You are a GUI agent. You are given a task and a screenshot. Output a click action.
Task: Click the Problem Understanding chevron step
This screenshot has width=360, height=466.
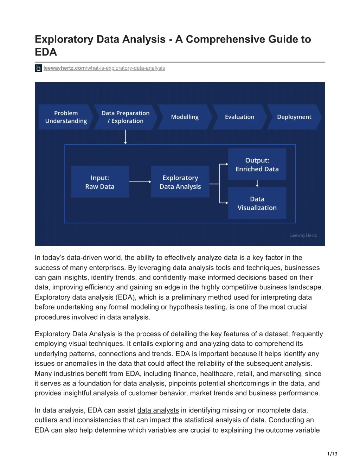point(66,117)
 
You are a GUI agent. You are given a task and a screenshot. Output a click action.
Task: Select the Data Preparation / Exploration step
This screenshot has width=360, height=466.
point(125,117)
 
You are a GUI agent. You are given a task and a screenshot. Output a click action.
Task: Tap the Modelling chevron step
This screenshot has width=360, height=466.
point(185,117)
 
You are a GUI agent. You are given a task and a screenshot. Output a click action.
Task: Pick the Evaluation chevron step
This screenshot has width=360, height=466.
point(239,117)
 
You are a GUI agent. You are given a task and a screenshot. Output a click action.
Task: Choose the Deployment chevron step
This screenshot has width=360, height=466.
point(294,117)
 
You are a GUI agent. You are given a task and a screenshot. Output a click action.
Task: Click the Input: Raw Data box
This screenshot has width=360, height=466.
point(99,182)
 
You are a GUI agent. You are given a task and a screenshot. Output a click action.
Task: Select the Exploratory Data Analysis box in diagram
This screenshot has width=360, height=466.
point(180,182)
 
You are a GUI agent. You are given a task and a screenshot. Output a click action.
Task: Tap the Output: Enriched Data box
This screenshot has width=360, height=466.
point(257,165)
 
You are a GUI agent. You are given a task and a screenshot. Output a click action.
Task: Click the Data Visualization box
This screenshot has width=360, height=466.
point(257,203)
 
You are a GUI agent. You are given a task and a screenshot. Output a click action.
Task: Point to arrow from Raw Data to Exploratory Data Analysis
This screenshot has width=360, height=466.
point(140,182)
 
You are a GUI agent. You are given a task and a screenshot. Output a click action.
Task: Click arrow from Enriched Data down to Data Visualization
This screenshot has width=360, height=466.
point(257,183)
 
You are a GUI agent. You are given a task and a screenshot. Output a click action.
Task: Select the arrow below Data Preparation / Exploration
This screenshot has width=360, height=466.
point(126,137)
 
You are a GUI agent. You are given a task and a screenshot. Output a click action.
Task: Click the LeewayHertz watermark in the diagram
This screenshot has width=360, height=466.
point(303,235)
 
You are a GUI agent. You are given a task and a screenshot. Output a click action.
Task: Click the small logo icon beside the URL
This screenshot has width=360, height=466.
point(38,68)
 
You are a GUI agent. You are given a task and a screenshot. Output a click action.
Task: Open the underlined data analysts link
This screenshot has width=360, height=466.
point(158,410)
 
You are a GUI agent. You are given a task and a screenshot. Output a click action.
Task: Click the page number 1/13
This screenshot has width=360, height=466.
point(332,454)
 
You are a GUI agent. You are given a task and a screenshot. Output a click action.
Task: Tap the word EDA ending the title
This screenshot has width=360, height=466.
point(46,52)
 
